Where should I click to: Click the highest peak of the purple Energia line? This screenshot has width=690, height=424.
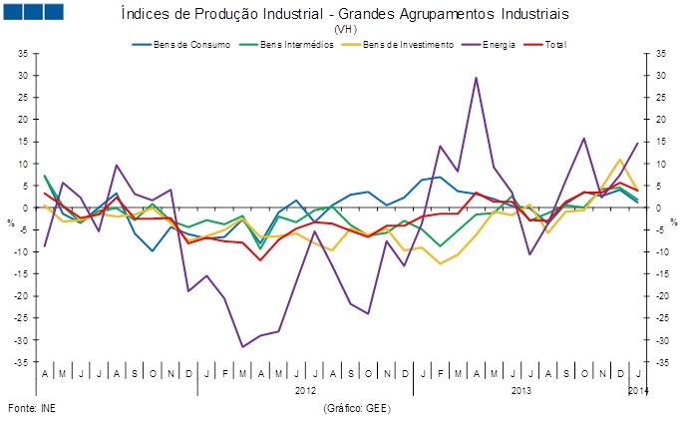click(x=476, y=78)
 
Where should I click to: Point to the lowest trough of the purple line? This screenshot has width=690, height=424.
click(x=242, y=347)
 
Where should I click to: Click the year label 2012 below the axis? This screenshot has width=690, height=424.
click(x=306, y=390)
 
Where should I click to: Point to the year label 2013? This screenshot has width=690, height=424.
click(x=521, y=390)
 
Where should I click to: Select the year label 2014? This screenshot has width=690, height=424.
click(x=638, y=390)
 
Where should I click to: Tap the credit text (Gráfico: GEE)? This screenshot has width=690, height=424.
click(x=358, y=409)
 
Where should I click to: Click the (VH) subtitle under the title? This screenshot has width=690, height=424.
click(x=345, y=30)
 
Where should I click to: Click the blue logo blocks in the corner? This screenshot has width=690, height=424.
click(x=34, y=12)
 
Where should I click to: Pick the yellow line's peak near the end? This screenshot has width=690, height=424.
click(x=620, y=160)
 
